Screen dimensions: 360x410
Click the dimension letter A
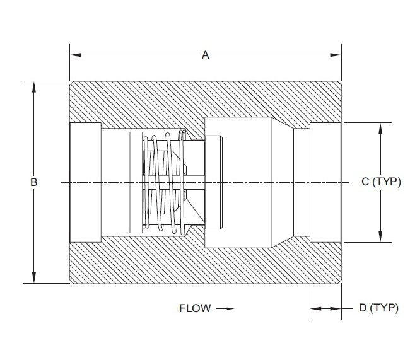pyautogui.click(x=205, y=55)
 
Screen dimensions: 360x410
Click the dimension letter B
pyautogui.click(x=34, y=182)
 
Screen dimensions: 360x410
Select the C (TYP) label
pyautogui.click(x=382, y=182)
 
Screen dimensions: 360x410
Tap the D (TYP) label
pyautogui.click(x=378, y=308)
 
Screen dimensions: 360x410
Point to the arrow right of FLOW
pyautogui.click(x=225, y=309)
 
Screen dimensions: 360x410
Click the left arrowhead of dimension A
pyautogui.click(x=74, y=55)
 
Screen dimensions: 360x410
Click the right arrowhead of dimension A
pyautogui.click(x=337, y=55)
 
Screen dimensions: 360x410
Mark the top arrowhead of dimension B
pyautogui.click(x=34, y=86)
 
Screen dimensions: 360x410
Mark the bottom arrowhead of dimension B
pyautogui.click(x=34, y=279)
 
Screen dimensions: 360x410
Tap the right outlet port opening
pyautogui.click(x=325, y=182)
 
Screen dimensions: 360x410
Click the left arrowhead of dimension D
pyautogui.click(x=315, y=308)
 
